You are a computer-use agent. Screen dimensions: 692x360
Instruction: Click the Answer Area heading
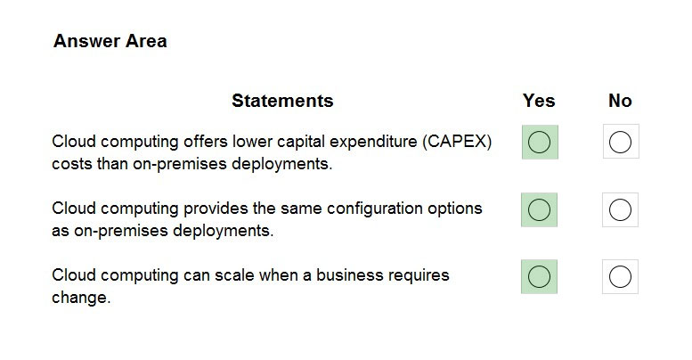[110, 41]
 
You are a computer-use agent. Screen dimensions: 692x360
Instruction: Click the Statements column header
[282, 101]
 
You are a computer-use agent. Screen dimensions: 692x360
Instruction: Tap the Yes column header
[539, 101]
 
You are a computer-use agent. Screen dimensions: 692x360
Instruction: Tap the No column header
[620, 101]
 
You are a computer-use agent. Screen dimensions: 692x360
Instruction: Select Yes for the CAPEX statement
[540, 143]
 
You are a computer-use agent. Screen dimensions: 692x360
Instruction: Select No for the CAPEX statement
[620, 143]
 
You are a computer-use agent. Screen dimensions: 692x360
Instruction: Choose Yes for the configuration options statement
[540, 209]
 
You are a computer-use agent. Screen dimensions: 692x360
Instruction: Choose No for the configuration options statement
[620, 209]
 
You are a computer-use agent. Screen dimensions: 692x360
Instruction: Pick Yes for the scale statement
[540, 277]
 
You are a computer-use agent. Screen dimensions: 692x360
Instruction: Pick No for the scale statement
[620, 277]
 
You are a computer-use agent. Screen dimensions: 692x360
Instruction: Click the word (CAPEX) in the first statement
[457, 142]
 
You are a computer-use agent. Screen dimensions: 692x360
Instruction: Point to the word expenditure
[373, 143]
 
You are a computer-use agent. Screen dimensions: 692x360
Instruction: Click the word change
[81, 298]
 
